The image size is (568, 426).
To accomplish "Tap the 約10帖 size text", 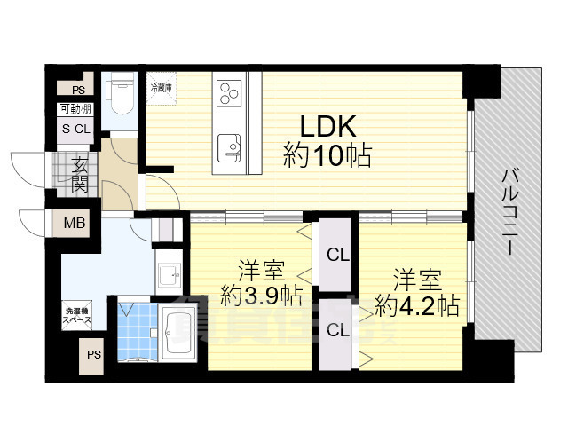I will pos(327,157).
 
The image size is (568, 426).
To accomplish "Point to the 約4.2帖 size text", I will pos(416,306).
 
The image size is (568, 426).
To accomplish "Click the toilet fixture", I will pos(119,95).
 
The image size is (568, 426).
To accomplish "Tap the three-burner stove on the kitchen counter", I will pos(229,91).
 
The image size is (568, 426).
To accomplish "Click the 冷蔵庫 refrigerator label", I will pos(162,88).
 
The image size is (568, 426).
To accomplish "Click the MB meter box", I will pos(75,223).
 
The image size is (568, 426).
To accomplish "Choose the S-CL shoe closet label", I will pos(75,129).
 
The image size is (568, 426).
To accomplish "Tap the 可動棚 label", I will pos(75,109).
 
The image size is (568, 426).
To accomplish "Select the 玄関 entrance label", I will pos(78,174).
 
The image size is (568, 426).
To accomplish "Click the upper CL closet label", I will pos(337,256).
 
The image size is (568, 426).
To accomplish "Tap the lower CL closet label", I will pos(337,331).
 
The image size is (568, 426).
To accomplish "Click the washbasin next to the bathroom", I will pos(168,276).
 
